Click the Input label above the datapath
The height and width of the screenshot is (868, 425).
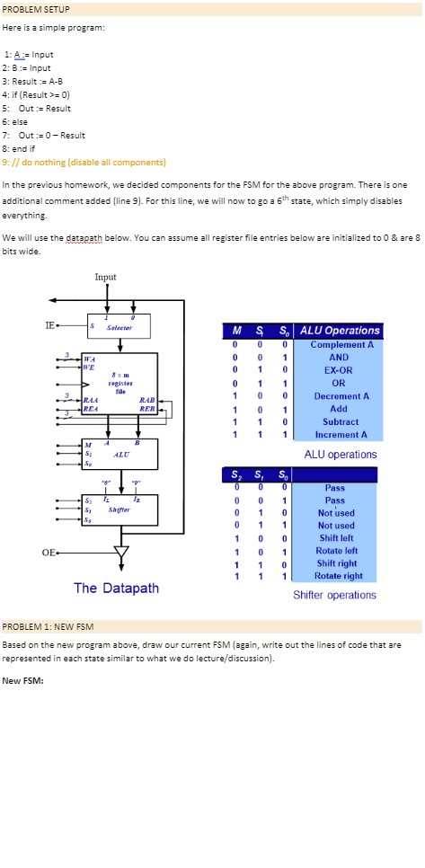(x=106, y=277)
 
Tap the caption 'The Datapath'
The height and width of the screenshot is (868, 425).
(x=117, y=588)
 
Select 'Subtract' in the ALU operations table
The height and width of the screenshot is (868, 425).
(x=341, y=421)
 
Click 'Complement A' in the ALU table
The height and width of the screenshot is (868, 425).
(x=341, y=344)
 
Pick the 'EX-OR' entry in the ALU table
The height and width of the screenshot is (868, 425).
(x=341, y=370)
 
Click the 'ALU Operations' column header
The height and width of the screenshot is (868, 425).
(x=341, y=330)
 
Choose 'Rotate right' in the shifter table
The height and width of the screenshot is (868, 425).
(x=341, y=576)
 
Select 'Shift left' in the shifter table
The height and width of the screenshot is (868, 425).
(x=341, y=538)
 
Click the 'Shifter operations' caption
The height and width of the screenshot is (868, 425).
(x=334, y=595)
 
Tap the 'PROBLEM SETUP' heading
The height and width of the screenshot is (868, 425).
(x=37, y=9)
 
